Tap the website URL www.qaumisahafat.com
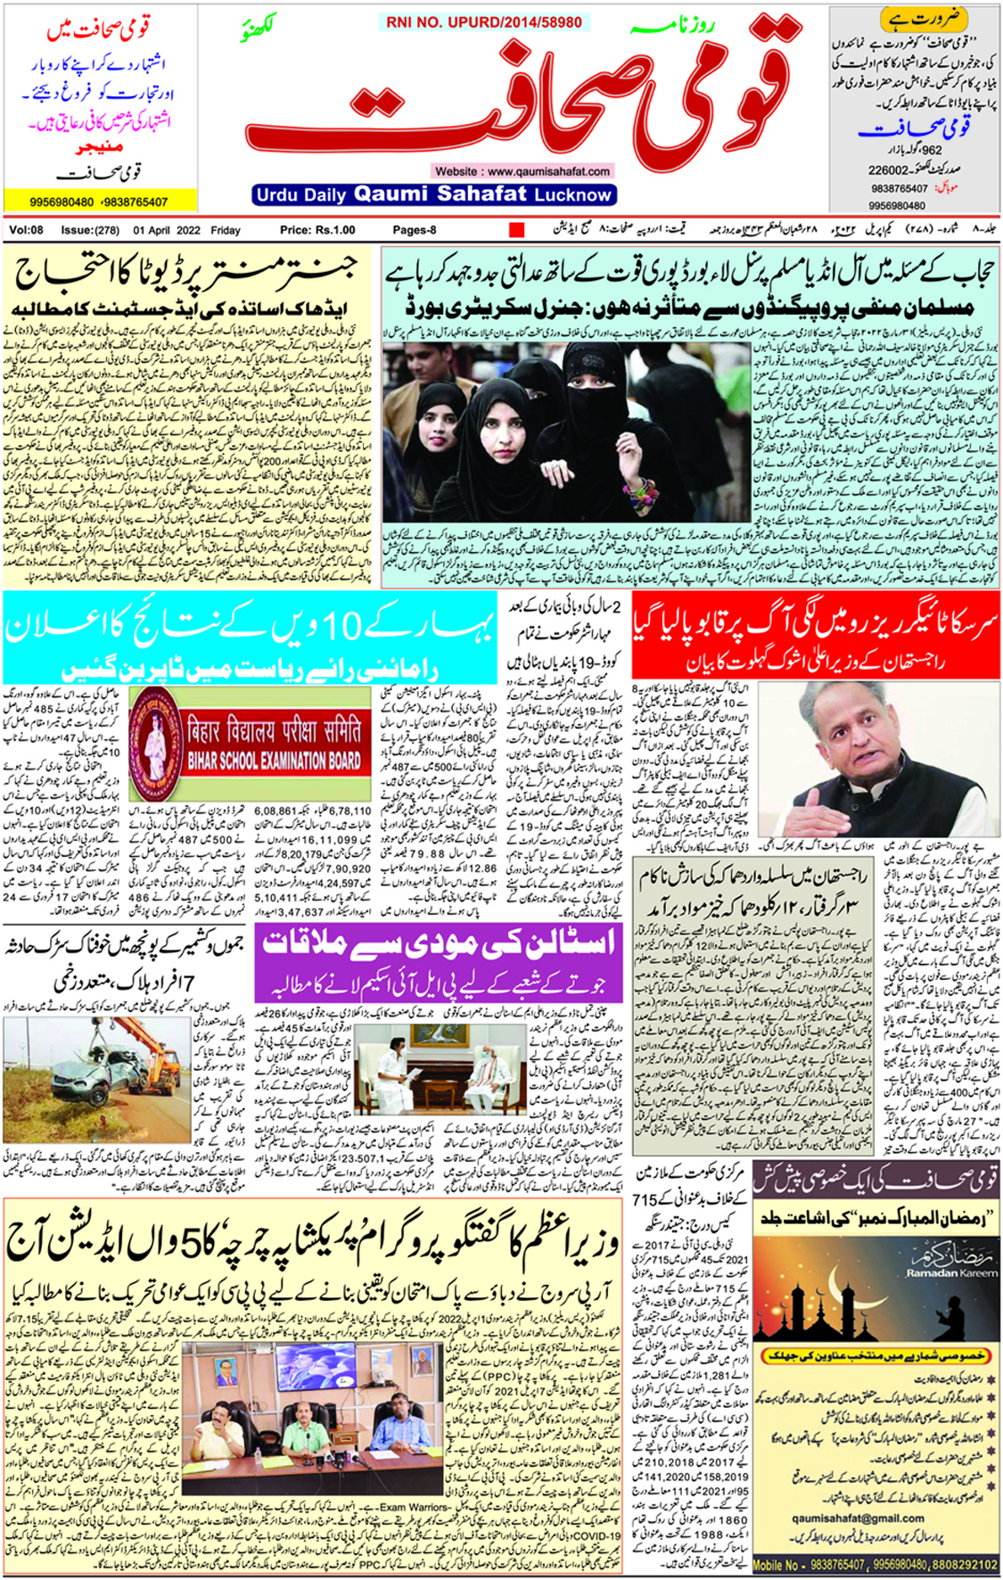coord(522,171)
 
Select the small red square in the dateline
coord(516,230)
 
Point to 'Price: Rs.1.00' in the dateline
coord(317,230)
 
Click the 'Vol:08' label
coord(26,230)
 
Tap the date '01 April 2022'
coord(167,230)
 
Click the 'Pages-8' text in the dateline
coord(415,230)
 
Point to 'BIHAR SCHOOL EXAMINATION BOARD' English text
coord(274,761)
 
